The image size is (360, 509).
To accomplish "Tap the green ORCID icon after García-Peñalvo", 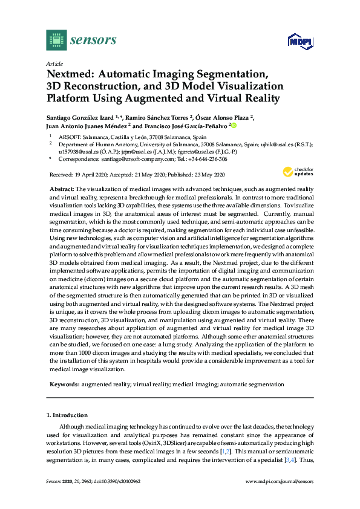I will point(234,126).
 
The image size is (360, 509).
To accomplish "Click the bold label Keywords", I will point(64,384).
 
